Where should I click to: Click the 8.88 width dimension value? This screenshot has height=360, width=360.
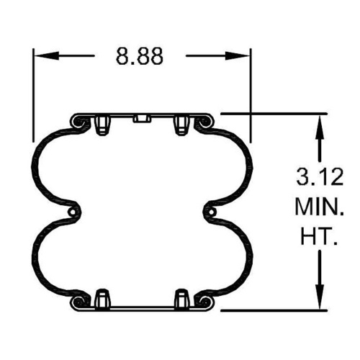(140, 56)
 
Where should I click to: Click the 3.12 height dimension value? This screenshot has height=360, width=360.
(320, 177)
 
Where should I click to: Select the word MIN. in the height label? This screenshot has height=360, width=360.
(319, 207)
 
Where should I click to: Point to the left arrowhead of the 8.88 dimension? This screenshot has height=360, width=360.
(47, 55)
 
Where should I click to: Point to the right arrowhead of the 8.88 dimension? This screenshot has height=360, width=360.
(238, 56)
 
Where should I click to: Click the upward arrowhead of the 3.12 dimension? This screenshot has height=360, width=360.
(320, 127)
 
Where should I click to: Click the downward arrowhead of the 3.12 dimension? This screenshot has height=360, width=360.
(320, 296)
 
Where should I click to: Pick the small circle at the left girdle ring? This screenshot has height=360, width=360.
(71, 212)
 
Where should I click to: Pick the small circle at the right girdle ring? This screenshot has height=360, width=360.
(212, 212)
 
